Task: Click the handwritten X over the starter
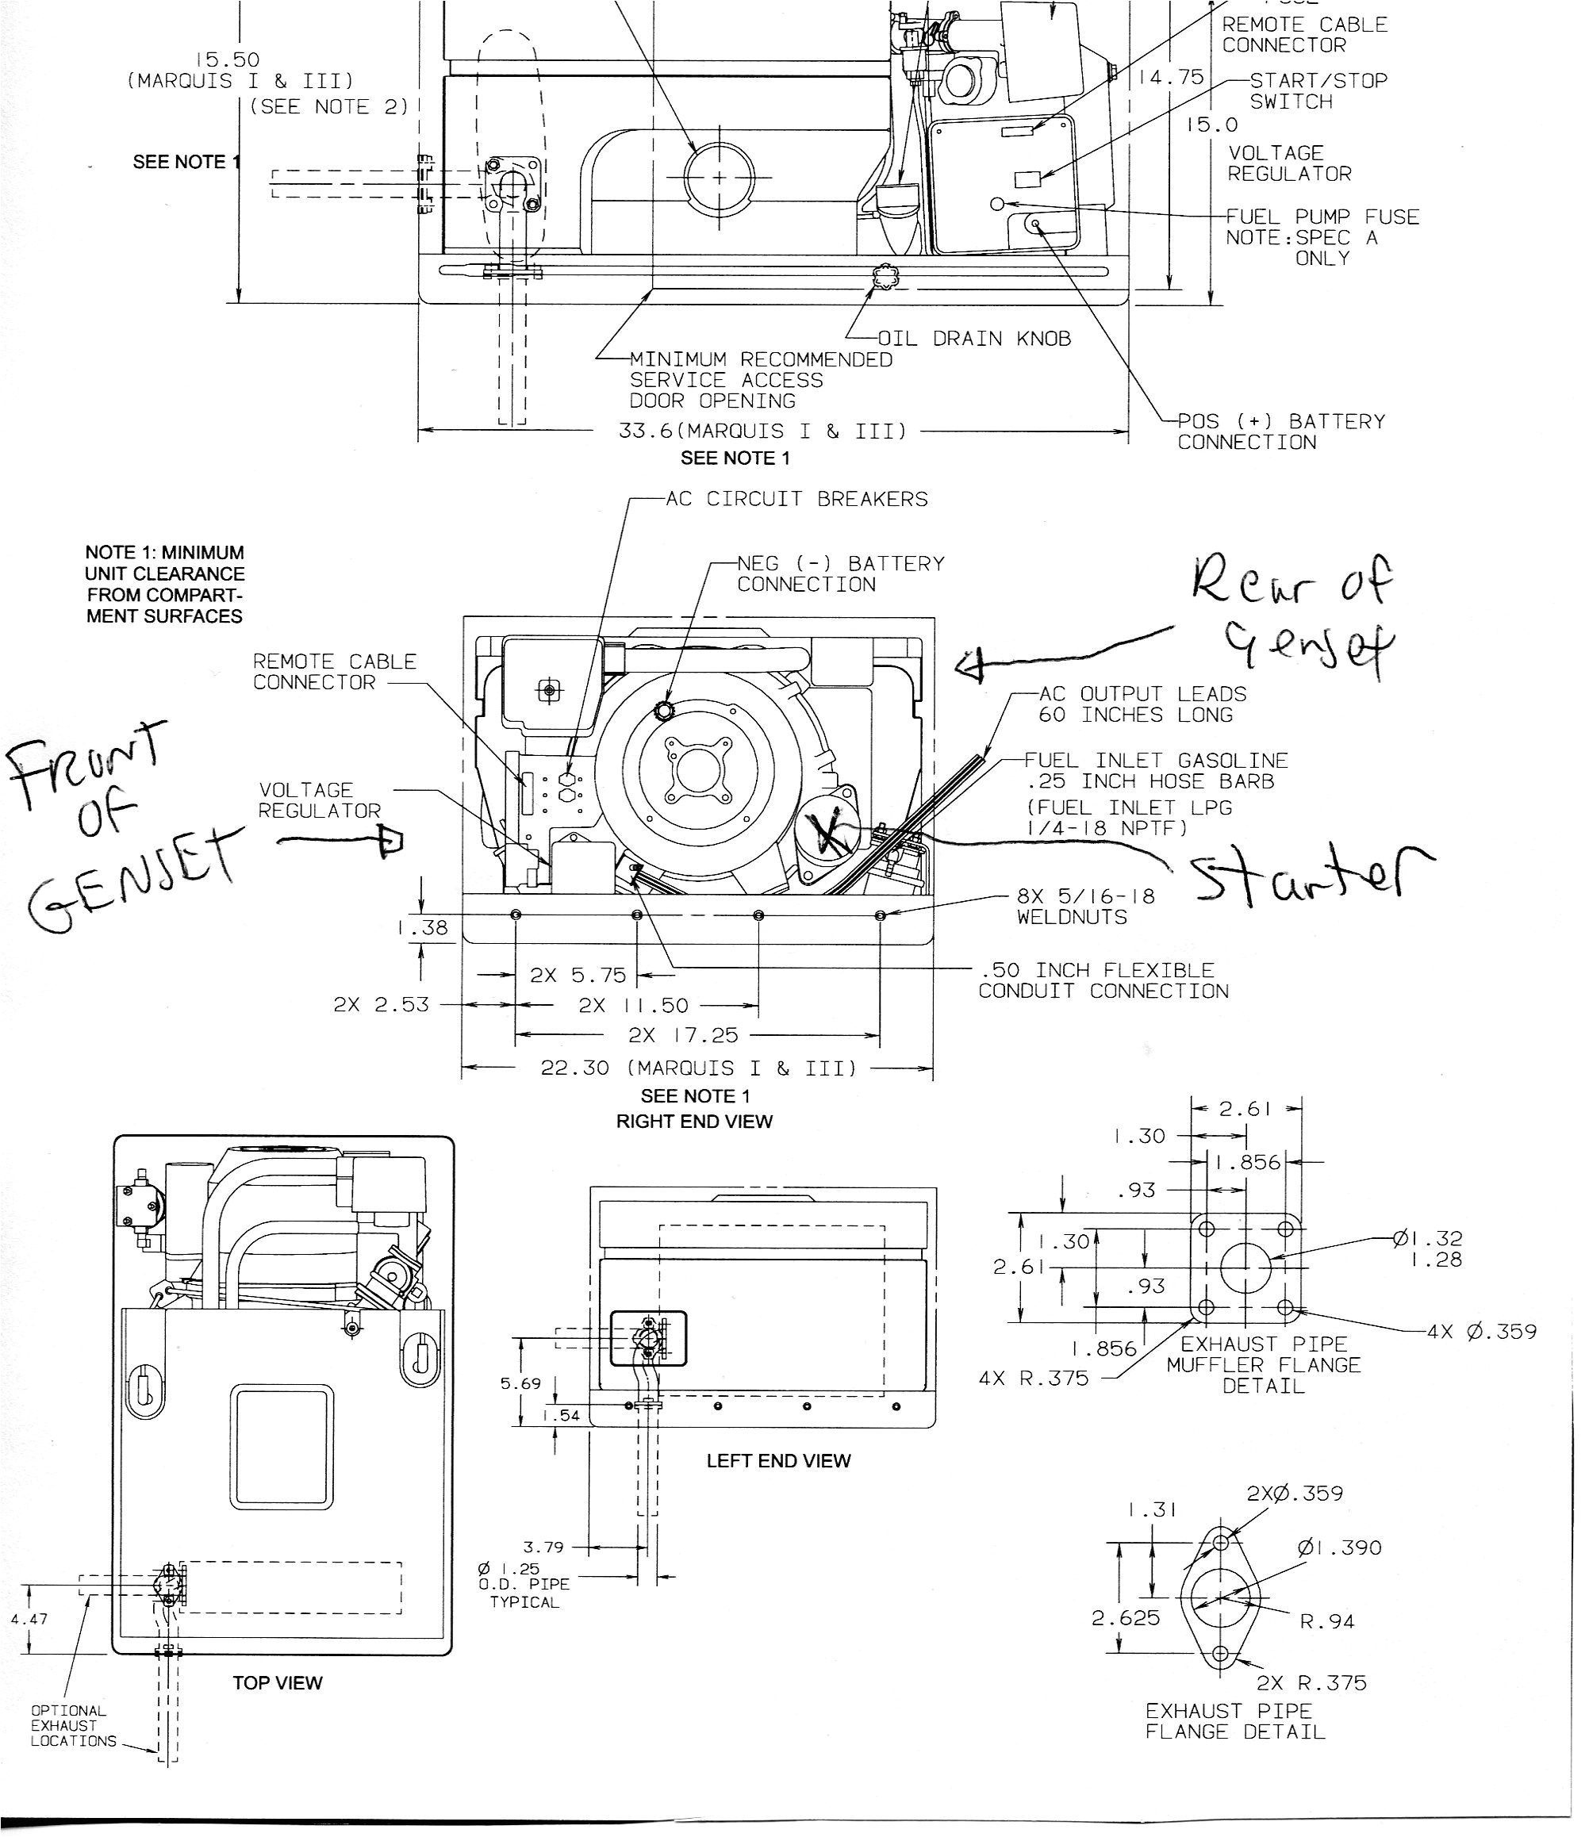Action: pos(829,834)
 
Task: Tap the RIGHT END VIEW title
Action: pos(694,1122)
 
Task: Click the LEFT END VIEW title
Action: pos(777,1461)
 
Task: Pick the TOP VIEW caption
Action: pos(278,1683)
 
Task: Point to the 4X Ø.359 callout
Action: pos(1481,1332)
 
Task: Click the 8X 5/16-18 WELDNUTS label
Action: pos(1085,907)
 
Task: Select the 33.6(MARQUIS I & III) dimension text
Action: pos(762,431)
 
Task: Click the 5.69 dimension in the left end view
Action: pos(520,1384)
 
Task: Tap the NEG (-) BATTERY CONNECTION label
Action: pos(840,573)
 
